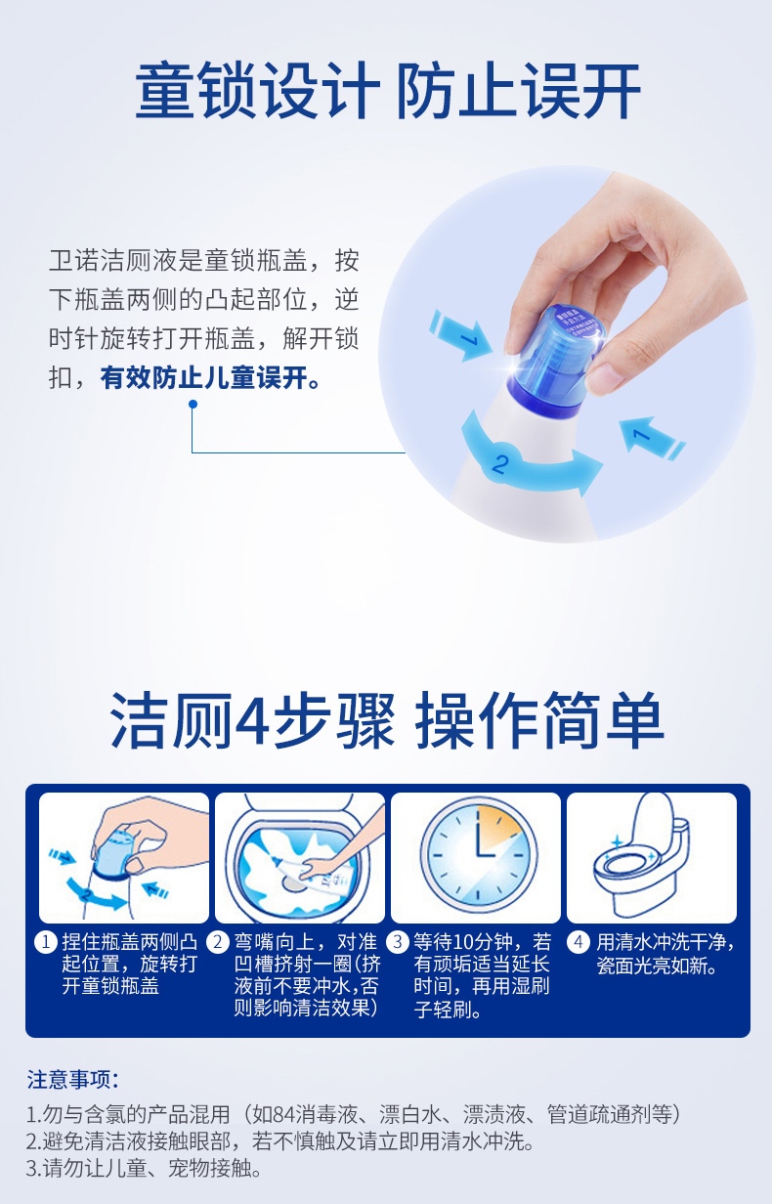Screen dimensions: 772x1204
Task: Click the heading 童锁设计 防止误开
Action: point(387,90)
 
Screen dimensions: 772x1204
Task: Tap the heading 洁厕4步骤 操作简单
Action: point(387,720)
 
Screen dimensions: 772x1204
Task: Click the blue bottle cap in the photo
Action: point(554,358)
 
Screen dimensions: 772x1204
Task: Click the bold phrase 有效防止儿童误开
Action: point(210,378)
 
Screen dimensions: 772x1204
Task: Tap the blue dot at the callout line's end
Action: point(193,404)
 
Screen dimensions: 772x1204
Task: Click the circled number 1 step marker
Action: point(46,942)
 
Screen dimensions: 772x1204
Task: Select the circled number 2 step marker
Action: point(218,942)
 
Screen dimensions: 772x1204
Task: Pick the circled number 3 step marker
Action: point(398,942)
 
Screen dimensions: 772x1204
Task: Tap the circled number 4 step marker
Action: point(578,942)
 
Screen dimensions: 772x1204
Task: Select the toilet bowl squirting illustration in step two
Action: point(300,858)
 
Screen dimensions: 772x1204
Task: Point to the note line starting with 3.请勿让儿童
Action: point(144,1168)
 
